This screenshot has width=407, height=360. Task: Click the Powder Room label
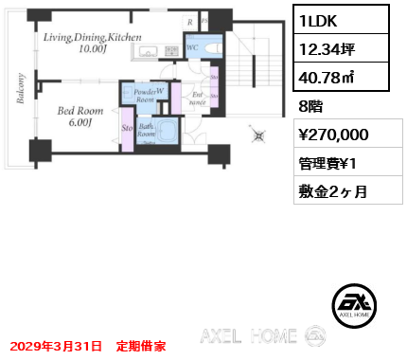[x=145, y=97]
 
